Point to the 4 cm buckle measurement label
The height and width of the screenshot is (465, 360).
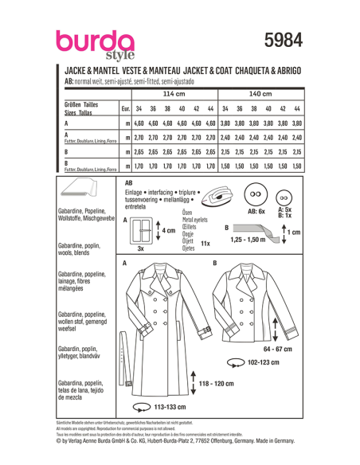pyautogui.click(x=167, y=230)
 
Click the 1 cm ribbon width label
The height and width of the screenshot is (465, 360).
pyautogui.click(x=294, y=232)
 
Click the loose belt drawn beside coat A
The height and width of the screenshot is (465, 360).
pyautogui.click(x=127, y=366)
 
